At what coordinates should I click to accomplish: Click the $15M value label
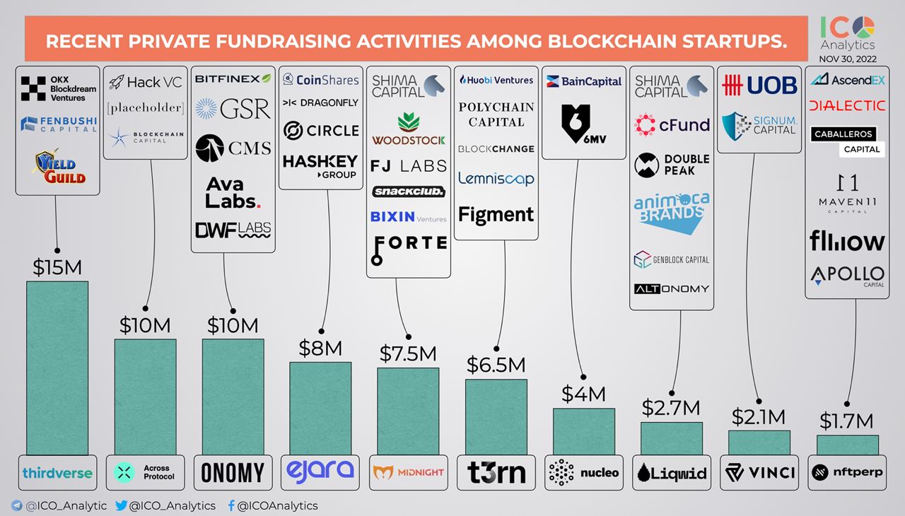tap(57, 267)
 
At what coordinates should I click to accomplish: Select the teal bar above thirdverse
tap(57, 368)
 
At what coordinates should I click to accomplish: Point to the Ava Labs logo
tap(233, 192)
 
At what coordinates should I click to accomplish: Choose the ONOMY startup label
tap(233, 472)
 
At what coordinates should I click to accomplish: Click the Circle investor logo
tap(321, 131)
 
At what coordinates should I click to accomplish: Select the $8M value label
tap(321, 348)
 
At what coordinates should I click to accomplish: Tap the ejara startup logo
tap(320, 471)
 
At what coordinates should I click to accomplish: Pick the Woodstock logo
tap(408, 128)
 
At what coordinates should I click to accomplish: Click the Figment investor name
tap(496, 213)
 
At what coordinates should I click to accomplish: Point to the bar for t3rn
tap(496, 417)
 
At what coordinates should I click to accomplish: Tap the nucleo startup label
tap(583, 472)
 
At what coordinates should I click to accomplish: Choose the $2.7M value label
tap(671, 408)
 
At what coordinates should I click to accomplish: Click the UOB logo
tap(759, 85)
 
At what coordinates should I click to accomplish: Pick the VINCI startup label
tap(759, 472)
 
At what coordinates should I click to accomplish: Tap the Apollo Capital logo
tap(847, 276)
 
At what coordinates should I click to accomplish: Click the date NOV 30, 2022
tap(847, 59)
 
